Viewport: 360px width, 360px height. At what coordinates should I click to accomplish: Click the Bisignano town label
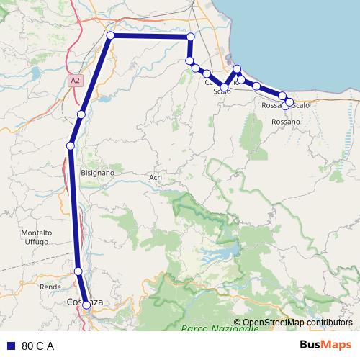tap(99, 174)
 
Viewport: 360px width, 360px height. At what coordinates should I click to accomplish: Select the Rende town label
tap(50, 287)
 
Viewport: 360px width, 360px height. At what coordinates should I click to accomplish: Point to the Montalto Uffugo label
tap(36, 238)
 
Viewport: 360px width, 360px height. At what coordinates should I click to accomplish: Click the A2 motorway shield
tap(76, 81)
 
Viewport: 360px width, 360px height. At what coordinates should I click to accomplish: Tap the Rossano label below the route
tap(285, 122)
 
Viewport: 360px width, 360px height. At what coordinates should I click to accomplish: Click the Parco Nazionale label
tap(220, 328)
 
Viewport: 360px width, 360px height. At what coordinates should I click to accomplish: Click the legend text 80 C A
tap(38, 346)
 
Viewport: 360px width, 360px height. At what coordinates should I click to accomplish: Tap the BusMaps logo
tap(326, 346)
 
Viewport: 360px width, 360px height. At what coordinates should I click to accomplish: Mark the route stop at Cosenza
tap(86, 305)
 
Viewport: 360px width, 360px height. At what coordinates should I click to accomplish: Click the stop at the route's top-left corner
tap(110, 35)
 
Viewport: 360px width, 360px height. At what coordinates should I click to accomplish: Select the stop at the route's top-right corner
tap(191, 36)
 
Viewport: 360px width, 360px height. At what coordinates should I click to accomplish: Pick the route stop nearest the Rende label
tap(78, 271)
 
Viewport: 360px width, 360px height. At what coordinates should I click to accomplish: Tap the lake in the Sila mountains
tap(219, 253)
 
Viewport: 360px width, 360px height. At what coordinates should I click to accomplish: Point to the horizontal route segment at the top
tap(150, 36)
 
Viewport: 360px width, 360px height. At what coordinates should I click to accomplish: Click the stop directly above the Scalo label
tap(225, 87)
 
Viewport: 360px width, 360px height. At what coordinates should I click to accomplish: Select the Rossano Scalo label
tap(285, 106)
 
